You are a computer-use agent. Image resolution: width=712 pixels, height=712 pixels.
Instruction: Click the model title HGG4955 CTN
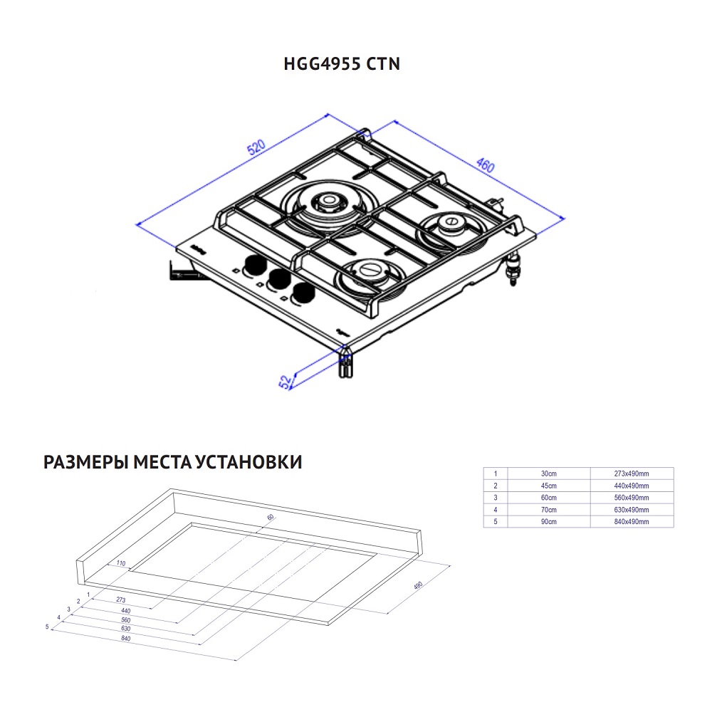click(x=342, y=64)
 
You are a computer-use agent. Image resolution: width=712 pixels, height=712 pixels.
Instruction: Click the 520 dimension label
click(x=256, y=147)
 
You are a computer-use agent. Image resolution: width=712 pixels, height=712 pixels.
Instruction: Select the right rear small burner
click(x=451, y=227)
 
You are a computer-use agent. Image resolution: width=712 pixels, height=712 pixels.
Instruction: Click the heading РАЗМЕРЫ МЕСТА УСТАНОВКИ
click(x=173, y=463)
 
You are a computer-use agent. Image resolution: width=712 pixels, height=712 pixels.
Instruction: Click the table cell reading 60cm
click(x=548, y=498)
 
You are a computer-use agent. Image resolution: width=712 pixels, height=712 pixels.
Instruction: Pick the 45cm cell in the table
click(x=548, y=486)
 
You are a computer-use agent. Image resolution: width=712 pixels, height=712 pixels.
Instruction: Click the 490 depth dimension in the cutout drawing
click(x=418, y=586)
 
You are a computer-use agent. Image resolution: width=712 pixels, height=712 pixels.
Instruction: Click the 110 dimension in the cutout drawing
click(x=121, y=563)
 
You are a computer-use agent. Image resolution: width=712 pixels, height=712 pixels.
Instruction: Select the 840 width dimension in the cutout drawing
click(x=125, y=638)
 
